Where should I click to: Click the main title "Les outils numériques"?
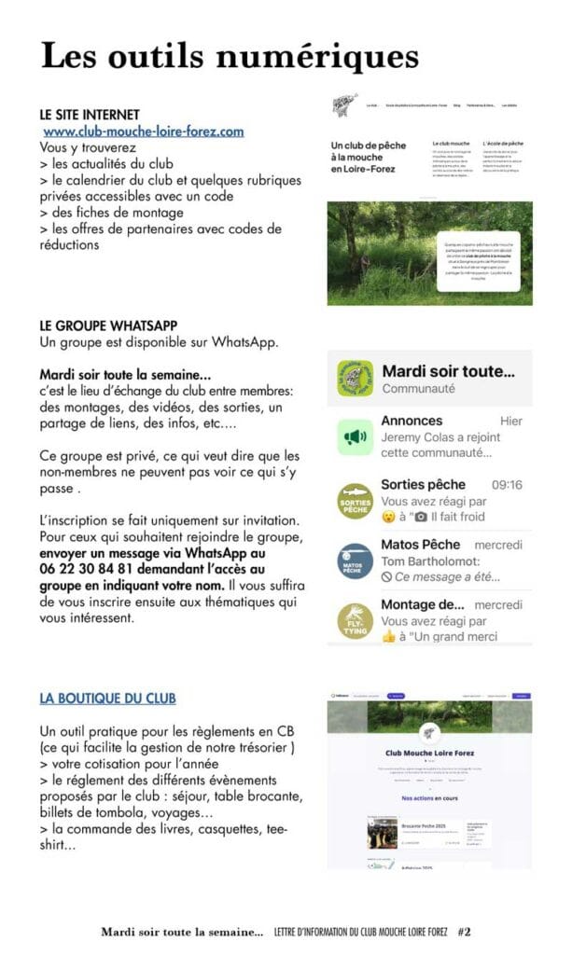[230, 57]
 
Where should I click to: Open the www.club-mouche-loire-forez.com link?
[144, 131]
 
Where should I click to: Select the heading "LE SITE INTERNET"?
[90, 114]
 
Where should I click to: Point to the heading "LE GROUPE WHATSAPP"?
[108, 326]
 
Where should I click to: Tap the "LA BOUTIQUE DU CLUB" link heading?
[107, 698]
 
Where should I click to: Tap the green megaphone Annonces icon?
[355, 436]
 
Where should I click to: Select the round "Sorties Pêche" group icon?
[355, 501]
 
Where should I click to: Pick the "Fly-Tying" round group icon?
[355, 621]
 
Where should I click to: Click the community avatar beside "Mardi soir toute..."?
[355, 379]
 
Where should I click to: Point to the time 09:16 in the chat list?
[507, 485]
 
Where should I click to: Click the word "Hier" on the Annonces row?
[511, 422]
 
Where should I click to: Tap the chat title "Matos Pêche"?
[421, 545]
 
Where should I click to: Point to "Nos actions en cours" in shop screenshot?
[430, 798]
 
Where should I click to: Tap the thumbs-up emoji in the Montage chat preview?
[390, 636]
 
